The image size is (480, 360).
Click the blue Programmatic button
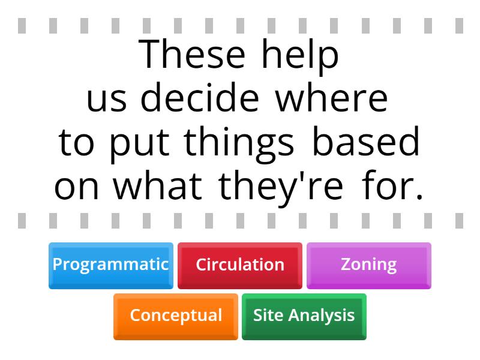(x=110, y=265)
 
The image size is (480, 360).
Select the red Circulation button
(x=240, y=265)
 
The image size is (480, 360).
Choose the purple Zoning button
(x=368, y=265)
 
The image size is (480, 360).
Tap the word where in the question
(x=332, y=99)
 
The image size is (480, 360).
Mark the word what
(x=158, y=187)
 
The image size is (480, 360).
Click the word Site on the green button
(x=266, y=316)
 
